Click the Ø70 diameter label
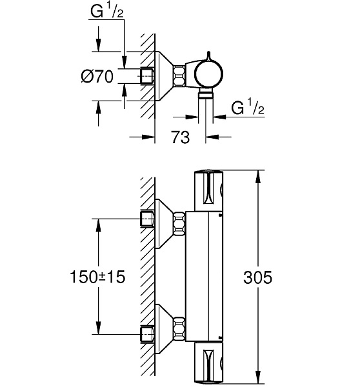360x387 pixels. [x=97, y=77]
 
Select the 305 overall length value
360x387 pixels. [x=275, y=277]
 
